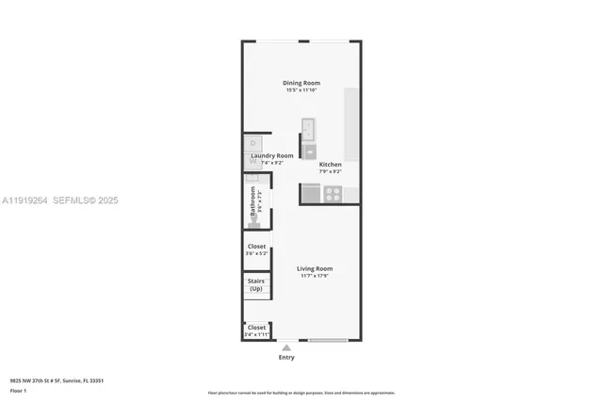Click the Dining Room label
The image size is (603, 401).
301,83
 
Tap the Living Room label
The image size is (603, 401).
315,268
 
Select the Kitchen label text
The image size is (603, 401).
330,165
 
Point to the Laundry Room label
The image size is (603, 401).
272,155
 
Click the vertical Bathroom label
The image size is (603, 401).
253,206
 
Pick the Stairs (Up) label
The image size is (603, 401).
255,283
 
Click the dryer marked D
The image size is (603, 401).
252,145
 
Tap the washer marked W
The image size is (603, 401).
252,161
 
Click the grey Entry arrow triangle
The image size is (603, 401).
286,347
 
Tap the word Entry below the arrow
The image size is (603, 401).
286,358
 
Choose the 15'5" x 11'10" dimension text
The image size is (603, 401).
301,90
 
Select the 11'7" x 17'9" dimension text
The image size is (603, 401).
315,276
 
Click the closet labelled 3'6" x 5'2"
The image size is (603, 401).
256,249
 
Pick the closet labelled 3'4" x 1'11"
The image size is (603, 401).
256,330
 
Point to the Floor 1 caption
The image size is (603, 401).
19,390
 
